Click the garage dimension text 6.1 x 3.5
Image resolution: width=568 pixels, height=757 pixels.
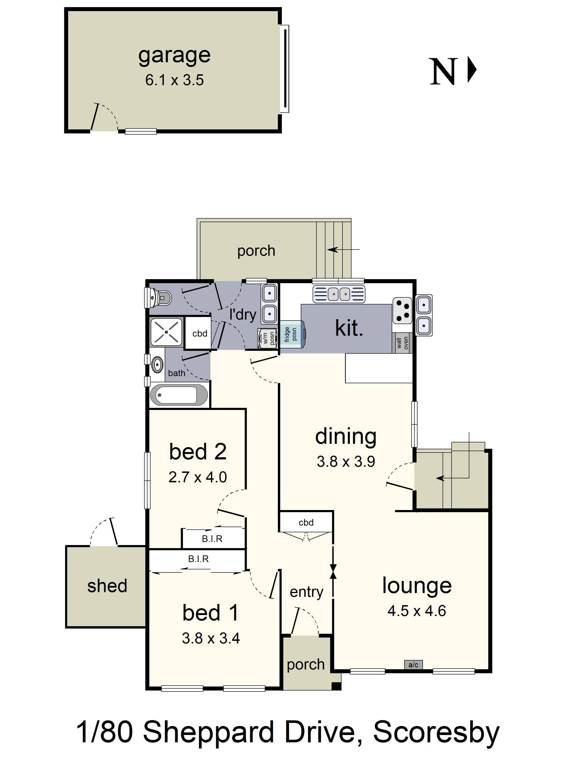[174, 80]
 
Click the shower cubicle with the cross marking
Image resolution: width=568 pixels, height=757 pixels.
[166, 332]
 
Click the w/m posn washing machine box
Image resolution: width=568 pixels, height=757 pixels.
[267, 338]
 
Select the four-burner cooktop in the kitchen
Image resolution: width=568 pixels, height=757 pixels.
[402, 310]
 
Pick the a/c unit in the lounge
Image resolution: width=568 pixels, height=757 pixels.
[413, 665]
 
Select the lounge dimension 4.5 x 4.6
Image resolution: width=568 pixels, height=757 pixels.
[417, 611]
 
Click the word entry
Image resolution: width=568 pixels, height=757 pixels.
[306, 592]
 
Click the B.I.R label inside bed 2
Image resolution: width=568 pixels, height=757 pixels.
[212, 539]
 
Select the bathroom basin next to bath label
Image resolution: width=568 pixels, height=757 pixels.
[157, 365]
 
